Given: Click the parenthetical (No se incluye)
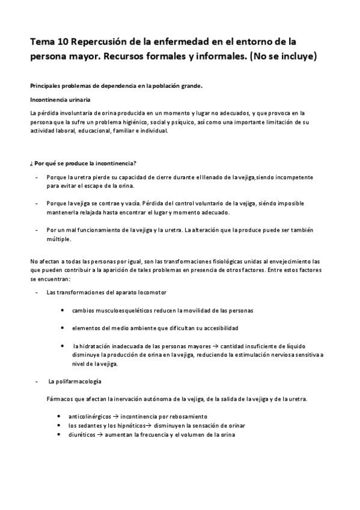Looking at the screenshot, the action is pyautogui.click(x=282, y=58).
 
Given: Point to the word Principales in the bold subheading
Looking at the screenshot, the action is pyautogui.click(x=47, y=85).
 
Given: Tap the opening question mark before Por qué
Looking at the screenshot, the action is pyautogui.click(x=30, y=164).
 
